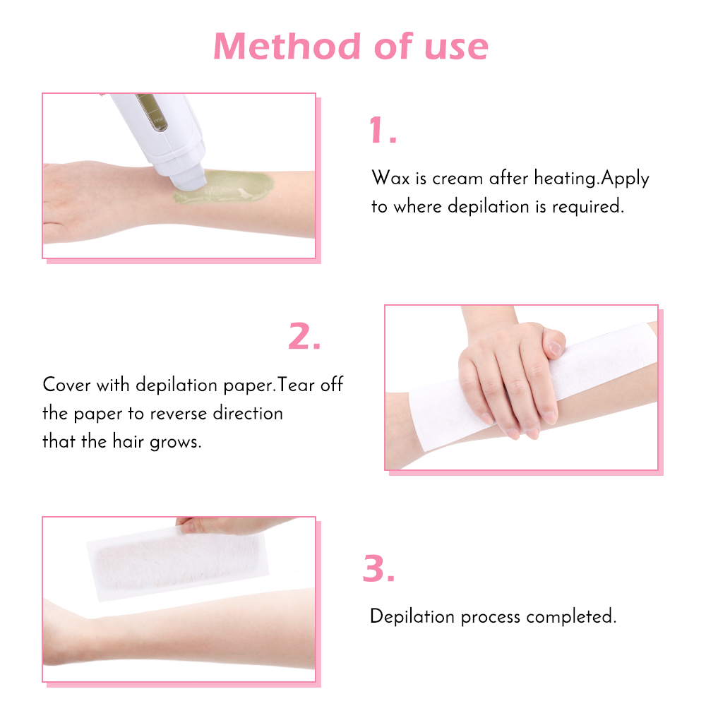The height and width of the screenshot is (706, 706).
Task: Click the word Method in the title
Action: pos(287,46)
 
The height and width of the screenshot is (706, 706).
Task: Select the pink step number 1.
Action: pos(383,130)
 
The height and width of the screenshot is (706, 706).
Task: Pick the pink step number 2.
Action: pos(304,336)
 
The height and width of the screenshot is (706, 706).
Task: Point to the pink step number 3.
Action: pos(378,568)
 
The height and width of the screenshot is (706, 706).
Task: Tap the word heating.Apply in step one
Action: pos(592,179)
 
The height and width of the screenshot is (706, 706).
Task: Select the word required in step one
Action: pos(587,207)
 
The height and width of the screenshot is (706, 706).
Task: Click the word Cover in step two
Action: pos(66,385)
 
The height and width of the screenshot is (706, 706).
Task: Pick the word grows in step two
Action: pos(175,443)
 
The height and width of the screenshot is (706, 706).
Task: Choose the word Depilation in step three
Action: pos(412,616)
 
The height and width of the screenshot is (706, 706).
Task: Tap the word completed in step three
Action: pos(571,616)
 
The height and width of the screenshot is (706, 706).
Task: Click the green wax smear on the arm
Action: pos(225,186)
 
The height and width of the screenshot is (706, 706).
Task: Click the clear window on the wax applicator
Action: pos(152,112)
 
